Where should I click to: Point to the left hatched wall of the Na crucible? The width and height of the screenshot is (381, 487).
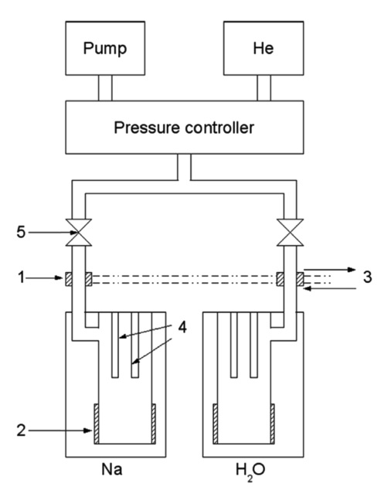coord(97,425)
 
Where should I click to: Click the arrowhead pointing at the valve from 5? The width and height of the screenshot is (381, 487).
coord(65,232)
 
